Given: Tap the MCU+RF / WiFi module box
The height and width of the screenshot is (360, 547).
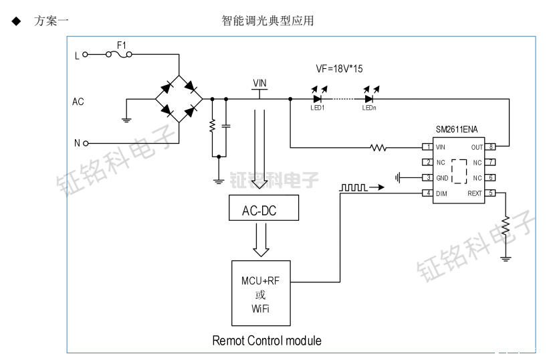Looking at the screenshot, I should (261, 294).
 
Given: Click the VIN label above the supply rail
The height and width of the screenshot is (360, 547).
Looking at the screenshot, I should (259, 84).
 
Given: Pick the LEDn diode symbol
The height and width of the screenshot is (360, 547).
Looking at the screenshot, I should (368, 99).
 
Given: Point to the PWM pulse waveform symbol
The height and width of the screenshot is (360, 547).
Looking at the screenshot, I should (353, 189).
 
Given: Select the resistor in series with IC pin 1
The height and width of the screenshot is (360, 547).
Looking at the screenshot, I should (378, 147).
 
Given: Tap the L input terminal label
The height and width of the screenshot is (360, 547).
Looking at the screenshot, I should (76, 56).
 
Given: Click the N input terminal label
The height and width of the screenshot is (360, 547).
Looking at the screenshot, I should (76, 143).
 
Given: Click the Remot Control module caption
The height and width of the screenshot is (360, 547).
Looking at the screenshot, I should (267, 341).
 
